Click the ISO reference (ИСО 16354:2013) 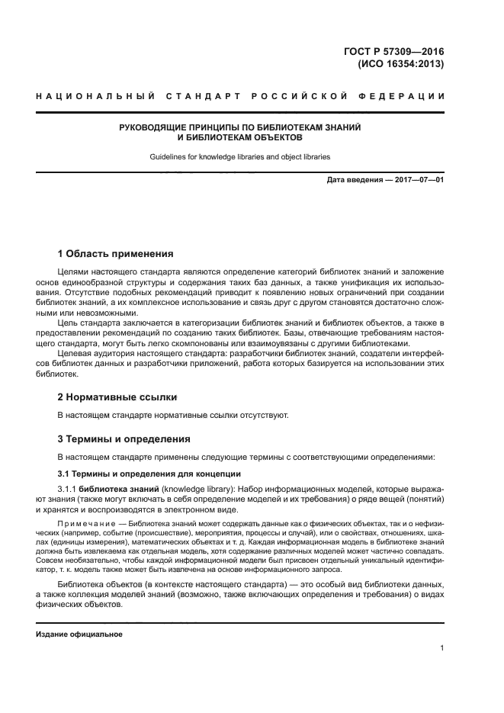pyautogui.click(x=400, y=64)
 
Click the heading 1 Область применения pyautogui.click(x=116, y=253)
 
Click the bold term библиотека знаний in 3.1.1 pyautogui.click(x=117, y=488)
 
